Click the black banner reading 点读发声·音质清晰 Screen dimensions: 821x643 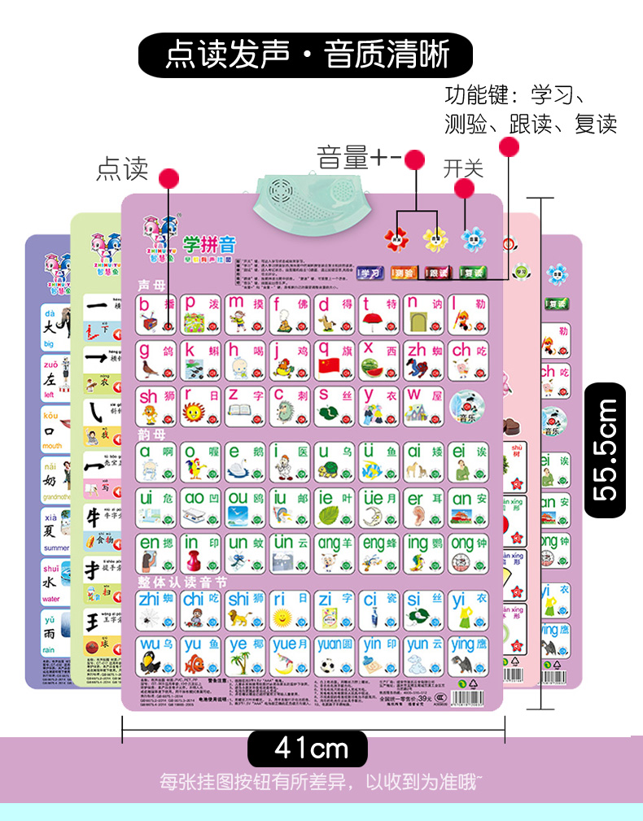click(x=305, y=55)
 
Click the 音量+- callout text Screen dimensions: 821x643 click(x=359, y=156)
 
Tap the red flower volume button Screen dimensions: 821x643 click(x=397, y=238)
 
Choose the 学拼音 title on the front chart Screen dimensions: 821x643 click(x=208, y=242)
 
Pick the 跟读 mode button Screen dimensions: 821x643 click(x=437, y=273)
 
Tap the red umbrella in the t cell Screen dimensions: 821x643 click(x=372, y=321)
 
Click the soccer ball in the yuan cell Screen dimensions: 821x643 click(x=327, y=666)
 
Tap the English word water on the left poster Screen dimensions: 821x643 click(x=51, y=599)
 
